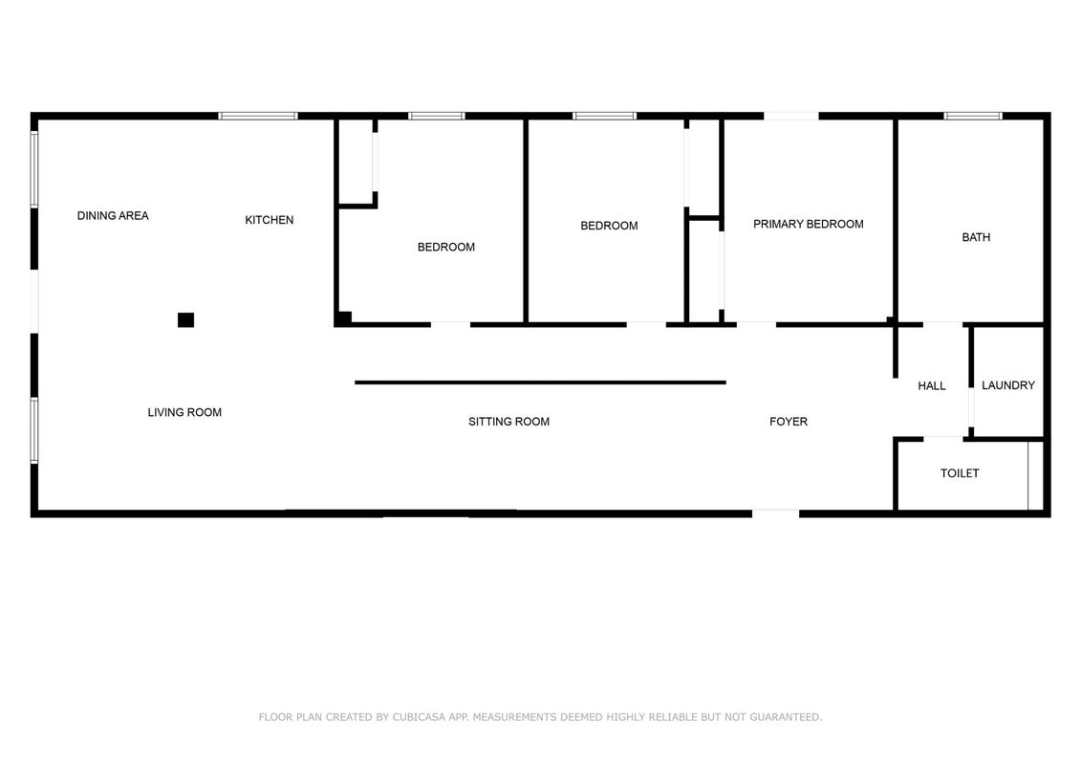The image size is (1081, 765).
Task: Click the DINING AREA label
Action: pos(113,216)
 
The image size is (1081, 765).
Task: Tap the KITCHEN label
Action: pos(270,220)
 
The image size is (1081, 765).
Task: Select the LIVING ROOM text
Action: pos(184,412)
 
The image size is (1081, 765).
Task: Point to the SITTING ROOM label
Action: pos(508,422)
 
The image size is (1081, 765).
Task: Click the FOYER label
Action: pos(789,422)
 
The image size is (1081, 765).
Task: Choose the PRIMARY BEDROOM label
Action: pos(808,224)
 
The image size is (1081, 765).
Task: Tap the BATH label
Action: pos(976,237)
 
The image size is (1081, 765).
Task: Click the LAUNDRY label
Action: pos(1008,385)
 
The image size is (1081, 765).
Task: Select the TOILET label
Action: pos(960,473)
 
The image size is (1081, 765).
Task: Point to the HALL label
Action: pos(931,386)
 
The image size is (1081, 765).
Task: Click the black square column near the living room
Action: pos(185,320)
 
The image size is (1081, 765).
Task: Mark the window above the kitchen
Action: pos(258,116)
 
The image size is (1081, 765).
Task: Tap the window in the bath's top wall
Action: pos(973,116)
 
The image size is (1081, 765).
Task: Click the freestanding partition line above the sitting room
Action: pos(541,382)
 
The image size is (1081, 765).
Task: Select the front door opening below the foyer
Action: pos(775,514)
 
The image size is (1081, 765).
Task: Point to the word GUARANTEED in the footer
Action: pos(786,717)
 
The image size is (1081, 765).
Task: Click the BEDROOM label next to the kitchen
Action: pos(446,247)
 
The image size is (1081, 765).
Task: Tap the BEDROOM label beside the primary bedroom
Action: pos(609,226)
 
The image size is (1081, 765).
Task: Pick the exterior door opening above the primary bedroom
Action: pos(791,116)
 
